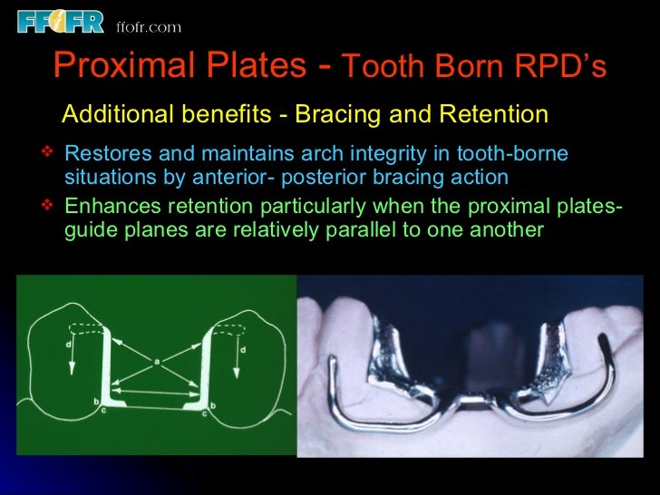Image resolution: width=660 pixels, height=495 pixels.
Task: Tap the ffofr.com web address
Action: pyautogui.click(x=149, y=27)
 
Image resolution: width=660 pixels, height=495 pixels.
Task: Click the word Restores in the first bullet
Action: pyautogui.click(x=105, y=154)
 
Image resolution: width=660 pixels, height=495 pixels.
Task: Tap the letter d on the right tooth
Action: pyautogui.click(x=243, y=349)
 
